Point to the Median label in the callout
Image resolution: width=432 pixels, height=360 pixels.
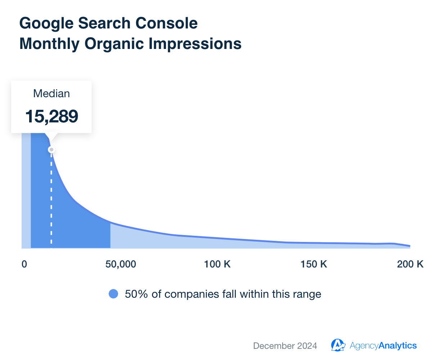[x=51, y=94]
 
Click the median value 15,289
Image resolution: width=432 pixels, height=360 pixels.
[x=51, y=116]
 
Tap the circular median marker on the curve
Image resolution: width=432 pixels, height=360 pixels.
[x=51, y=149]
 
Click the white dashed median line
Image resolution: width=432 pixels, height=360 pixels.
[x=51, y=198]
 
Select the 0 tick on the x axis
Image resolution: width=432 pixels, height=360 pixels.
[x=24, y=264]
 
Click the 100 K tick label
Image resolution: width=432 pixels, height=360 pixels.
[x=217, y=264]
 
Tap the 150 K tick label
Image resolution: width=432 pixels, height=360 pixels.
[x=314, y=264]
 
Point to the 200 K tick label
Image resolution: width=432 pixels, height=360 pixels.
[x=410, y=264]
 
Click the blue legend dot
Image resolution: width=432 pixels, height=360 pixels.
[x=113, y=294]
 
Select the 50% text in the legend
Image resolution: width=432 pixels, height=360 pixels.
[x=134, y=294]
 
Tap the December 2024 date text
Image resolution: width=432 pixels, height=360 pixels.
[x=285, y=346]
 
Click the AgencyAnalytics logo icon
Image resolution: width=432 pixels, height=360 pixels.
[x=338, y=345]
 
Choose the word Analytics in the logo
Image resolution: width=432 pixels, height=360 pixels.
[x=398, y=346]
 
